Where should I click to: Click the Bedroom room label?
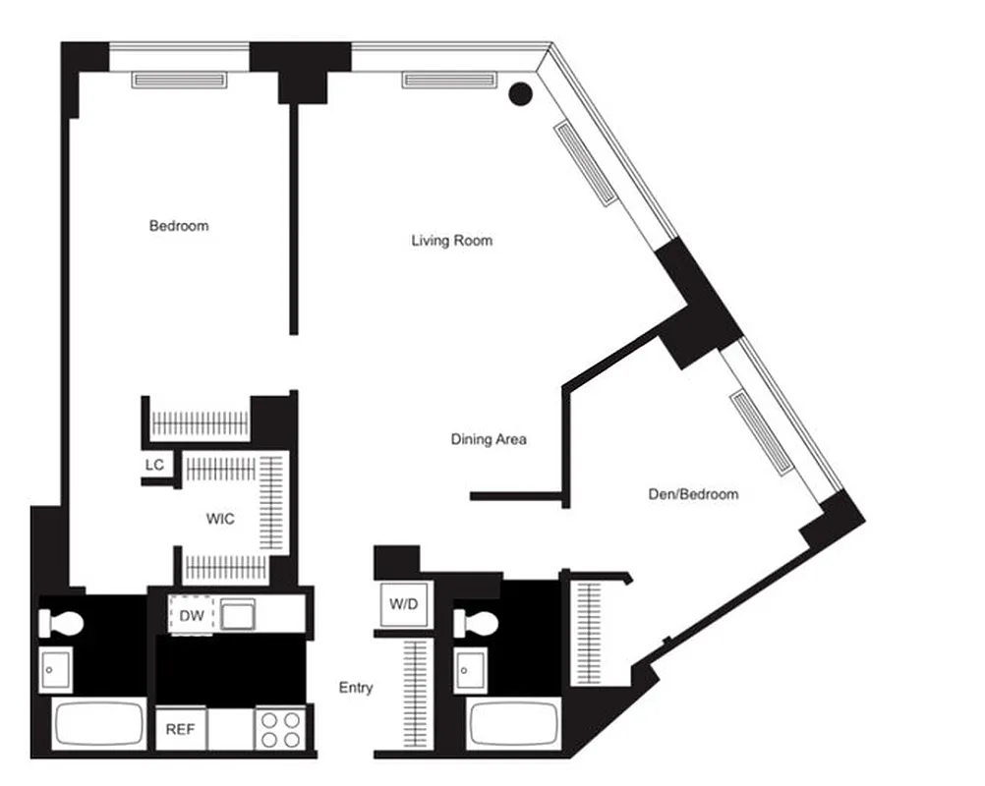tap(179, 226)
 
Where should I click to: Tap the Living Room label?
tap(452, 241)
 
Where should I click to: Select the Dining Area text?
tap(489, 439)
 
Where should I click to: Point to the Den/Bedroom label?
tap(693, 494)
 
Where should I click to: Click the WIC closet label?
tap(220, 519)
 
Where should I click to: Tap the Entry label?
tap(356, 688)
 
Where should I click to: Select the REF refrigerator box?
tap(180, 731)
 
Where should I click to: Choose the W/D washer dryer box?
tap(400, 605)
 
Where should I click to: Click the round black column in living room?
tap(521, 94)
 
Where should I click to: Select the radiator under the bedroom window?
tap(180, 81)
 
